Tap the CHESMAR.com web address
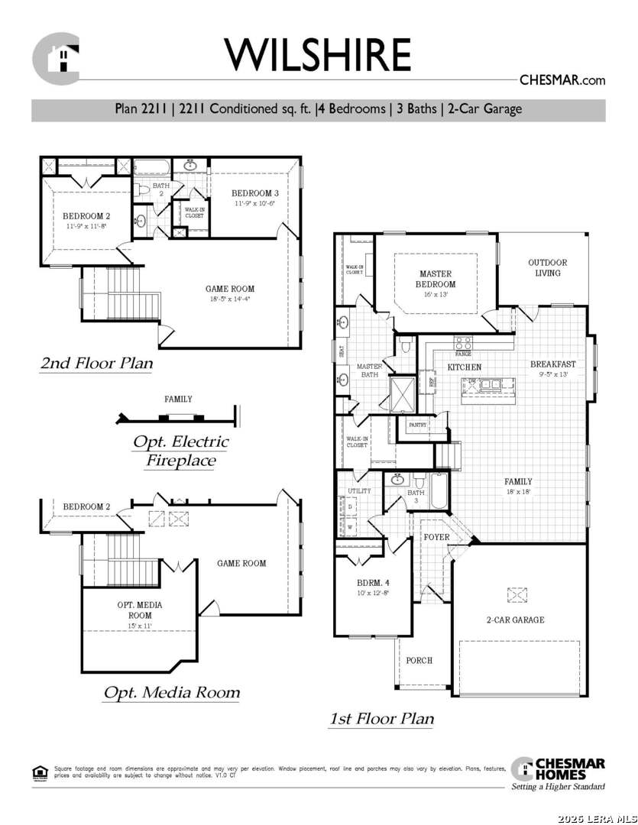click(562, 79)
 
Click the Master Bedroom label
click(436, 279)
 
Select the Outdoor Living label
click(547, 267)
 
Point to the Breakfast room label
click(553, 364)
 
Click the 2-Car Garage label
click(516, 620)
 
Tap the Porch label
click(419, 660)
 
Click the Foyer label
click(436, 537)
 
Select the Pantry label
click(417, 424)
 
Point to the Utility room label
click(359, 491)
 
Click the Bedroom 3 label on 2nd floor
click(254, 193)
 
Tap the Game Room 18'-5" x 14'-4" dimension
click(230, 299)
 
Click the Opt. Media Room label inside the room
click(139, 610)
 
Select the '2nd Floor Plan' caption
click(96, 364)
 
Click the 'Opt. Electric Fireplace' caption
click(180, 451)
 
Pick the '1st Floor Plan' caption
click(381, 718)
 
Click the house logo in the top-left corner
click(57, 58)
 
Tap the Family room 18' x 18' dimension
click(518, 492)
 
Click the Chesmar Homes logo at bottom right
click(558, 772)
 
